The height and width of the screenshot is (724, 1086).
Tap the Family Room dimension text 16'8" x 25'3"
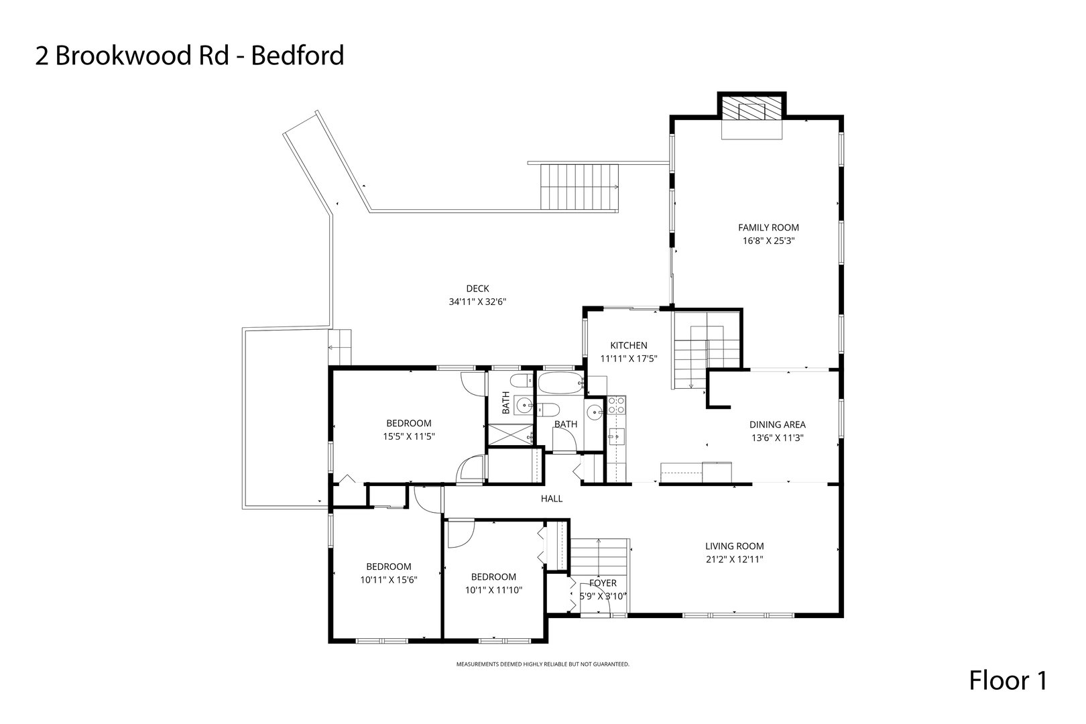pos(768,240)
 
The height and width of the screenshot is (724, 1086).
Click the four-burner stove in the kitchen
pos(616,405)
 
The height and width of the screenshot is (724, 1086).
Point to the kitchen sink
pos(614,437)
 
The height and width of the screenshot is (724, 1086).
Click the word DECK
pos(477,289)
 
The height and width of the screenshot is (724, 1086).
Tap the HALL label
pos(552,499)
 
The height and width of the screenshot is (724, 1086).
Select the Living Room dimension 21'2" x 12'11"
pos(734,559)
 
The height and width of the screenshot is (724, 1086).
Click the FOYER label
pos(603,583)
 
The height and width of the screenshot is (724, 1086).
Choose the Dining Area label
pos(777,424)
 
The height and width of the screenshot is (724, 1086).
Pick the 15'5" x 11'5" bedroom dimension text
pos(408,436)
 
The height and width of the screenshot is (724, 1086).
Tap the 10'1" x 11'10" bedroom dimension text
pos(493,590)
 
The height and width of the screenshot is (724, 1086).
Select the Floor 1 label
pos(1008,681)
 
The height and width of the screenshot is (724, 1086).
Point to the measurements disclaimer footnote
pos(542,664)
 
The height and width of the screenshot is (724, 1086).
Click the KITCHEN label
pos(628,346)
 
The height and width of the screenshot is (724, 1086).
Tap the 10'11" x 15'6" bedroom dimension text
pos(388,579)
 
